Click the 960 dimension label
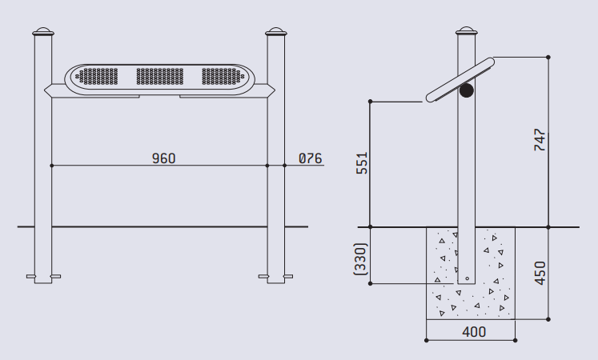[163, 158]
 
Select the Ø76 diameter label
[310, 158]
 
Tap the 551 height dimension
[362, 163]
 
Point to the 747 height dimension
[540, 140]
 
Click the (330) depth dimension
[360, 259]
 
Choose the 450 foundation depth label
[540, 273]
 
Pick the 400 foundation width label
[474, 332]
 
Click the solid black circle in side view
[467, 90]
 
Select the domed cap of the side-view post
[467, 31]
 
